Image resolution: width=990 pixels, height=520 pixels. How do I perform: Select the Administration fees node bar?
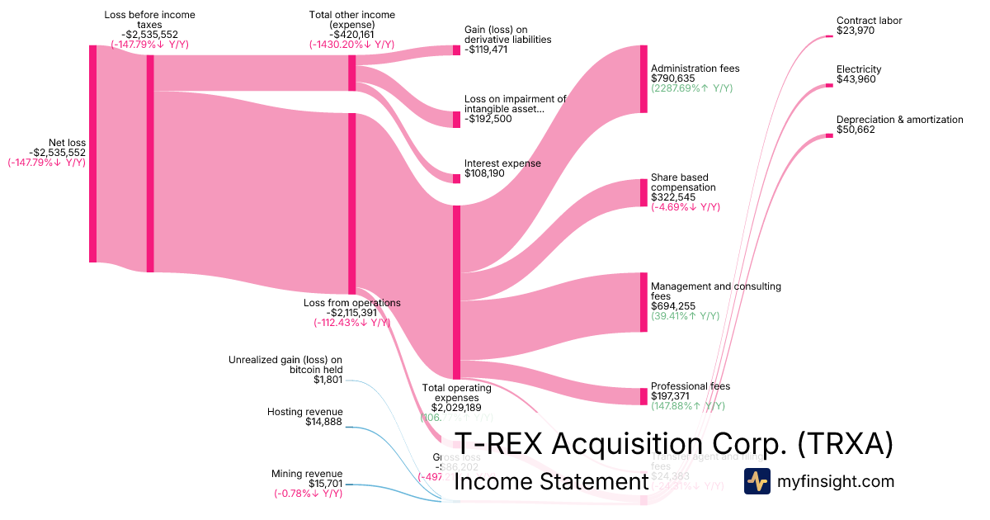(x=643, y=79)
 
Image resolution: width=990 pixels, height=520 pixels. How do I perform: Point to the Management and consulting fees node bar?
(x=643, y=302)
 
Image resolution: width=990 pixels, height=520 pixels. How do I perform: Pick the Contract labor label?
(x=869, y=21)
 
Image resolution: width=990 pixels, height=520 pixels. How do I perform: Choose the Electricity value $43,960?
(x=856, y=79)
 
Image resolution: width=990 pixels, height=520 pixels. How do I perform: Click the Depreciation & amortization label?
(x=899, y=120)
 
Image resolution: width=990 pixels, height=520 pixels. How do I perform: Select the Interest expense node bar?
(x=456, y=178)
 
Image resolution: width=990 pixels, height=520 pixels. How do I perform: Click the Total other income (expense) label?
(x=351, y=20)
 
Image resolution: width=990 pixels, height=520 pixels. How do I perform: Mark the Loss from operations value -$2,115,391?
(x=352, y=313)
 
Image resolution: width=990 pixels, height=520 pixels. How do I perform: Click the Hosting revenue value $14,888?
(x=323, y=422)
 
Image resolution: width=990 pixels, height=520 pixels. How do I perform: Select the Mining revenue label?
(x=307, y=474)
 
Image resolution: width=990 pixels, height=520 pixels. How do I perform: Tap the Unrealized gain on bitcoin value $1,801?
(x=328, y=381)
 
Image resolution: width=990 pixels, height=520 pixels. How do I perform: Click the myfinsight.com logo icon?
(x=757, y=481)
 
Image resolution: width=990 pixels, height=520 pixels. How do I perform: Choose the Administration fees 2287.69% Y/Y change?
(x=691, y=88)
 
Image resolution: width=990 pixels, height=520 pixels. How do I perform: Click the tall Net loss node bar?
(x=93, y=154)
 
